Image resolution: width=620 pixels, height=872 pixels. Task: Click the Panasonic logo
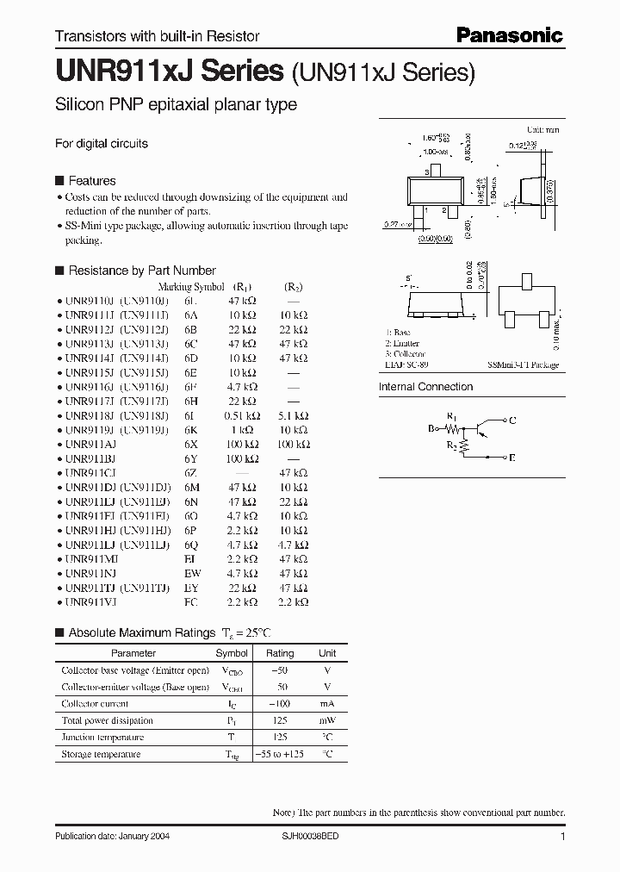click(508, 35)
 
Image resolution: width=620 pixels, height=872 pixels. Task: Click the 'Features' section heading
click(91, 181)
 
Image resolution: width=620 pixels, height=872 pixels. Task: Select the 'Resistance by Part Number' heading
click(141, 271)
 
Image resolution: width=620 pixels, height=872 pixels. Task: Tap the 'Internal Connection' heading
click(425, 387)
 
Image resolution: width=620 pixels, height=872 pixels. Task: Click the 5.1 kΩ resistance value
click(294, 414)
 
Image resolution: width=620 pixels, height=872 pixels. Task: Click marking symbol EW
click(190, 572)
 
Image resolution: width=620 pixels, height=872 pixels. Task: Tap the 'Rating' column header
click(280, 653)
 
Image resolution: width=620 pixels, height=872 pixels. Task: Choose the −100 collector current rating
click(280, 704)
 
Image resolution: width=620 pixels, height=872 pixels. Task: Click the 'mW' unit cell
click(327, 720)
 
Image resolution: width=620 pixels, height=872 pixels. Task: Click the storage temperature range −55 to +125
click(280, 754)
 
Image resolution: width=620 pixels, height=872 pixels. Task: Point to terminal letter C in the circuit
click(514, 420)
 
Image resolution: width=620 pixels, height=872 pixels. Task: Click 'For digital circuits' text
click(102, 144)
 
